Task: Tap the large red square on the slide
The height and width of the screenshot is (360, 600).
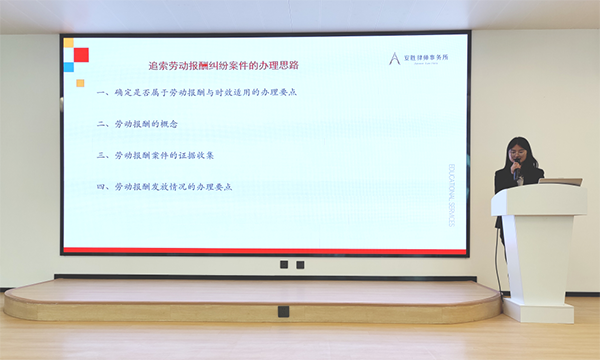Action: click(81, 54)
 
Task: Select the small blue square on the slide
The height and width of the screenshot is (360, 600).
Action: click(69, 67)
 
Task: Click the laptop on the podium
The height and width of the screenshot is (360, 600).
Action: click(559, 182)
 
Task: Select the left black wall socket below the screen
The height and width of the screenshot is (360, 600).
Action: click(285, 265)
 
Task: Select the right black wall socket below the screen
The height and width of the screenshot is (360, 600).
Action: click(299, 265)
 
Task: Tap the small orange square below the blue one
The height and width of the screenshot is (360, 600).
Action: click(80, 83)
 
